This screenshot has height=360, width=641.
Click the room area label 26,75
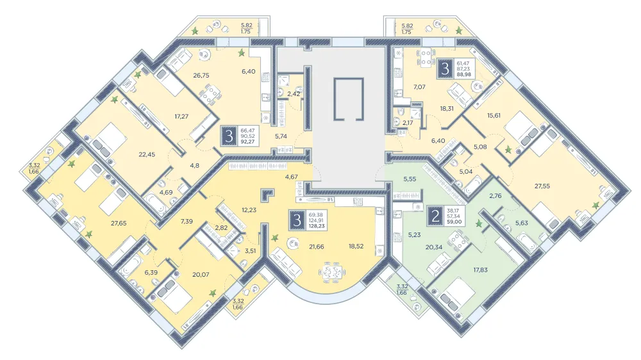(x=201, y=76)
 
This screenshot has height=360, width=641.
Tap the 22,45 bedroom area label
(x=147, y=154)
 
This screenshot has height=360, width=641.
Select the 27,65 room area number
(x=119, y=224)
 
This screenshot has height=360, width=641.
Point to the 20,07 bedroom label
(x=201, y=275)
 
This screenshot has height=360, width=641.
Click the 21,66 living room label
(x=317, y=247)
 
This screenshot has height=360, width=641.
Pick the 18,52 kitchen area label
(x=356, y=247)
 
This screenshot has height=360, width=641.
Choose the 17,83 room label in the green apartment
(x=480, y=270)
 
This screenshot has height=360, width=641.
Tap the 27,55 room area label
(x=542, y=186)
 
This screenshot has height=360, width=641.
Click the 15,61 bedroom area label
(x=494, y=116)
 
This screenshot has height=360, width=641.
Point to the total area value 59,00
(x=454, y=222)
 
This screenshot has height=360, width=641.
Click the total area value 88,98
(x=463, y=74)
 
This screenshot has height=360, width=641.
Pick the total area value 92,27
(x=247, y=142)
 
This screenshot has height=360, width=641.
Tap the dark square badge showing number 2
(x=435, y=216)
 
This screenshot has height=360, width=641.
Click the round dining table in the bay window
(x=332, y=272)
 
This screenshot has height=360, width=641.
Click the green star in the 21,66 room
(x=276, y=238)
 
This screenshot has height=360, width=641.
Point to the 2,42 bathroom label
(x=294, y=94)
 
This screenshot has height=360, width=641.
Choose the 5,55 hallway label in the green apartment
(x=410, y=179)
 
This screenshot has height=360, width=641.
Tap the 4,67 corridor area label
(x=292, y=177)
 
